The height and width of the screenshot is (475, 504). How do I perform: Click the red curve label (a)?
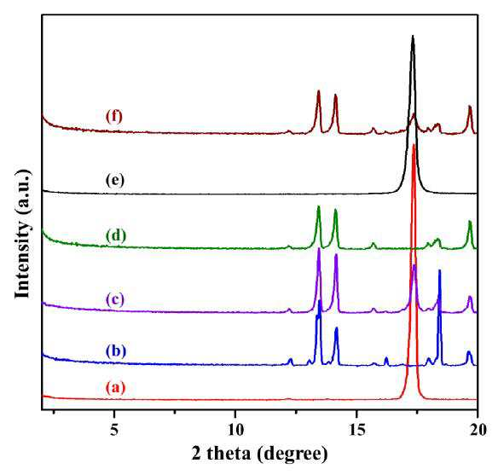[116, 387]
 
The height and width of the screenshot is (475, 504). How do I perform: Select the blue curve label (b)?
[116, 351]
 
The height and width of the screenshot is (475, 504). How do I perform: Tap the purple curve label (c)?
[115, 299]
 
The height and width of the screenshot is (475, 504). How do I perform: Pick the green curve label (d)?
[116, 235]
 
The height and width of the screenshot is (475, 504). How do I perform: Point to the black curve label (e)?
[115, 180]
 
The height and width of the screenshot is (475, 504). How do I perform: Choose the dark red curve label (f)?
[114, 116]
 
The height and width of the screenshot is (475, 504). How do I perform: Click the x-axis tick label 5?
[114, 430]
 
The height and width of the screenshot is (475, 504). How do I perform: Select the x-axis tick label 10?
[235, 430]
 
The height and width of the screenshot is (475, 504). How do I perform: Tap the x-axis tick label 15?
[356, 430]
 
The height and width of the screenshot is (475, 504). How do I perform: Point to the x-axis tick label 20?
[478, 430]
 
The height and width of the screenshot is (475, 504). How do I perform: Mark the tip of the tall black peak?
[413, 36]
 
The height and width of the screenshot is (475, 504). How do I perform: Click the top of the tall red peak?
[414, 145]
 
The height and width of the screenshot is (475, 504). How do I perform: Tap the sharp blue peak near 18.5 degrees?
[439, 270]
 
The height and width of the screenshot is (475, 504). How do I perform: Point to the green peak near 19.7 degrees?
[470, 221]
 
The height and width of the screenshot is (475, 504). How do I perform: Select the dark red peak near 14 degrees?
[335, 95]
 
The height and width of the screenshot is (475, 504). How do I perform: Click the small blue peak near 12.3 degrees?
[291, 359]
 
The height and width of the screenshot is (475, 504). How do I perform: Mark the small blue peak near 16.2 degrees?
[386, 357]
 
